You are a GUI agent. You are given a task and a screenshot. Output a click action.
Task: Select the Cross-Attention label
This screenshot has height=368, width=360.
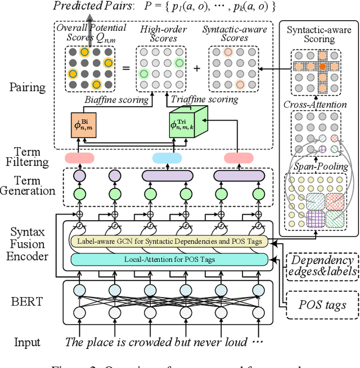tap(314, 105)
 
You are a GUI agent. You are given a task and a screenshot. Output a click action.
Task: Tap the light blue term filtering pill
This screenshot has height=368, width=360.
tap(167, 158)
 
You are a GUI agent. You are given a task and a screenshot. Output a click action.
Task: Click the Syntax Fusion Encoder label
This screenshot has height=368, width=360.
tap(31, 243)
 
